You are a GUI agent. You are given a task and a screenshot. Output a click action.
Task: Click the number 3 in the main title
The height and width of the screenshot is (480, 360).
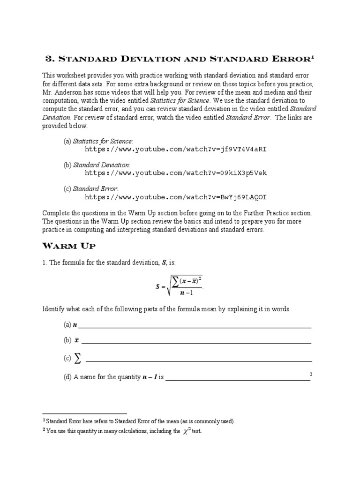49,59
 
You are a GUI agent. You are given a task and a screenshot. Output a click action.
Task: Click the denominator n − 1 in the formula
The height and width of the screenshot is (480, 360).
184,293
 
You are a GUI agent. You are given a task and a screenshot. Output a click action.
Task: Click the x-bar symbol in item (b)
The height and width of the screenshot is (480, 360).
76,341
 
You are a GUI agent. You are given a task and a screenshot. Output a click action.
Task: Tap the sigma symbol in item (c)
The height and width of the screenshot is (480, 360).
77,359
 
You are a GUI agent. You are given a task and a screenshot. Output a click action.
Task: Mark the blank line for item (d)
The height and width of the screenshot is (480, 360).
238,379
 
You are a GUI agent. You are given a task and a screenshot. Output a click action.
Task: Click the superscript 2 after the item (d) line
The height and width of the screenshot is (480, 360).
311,374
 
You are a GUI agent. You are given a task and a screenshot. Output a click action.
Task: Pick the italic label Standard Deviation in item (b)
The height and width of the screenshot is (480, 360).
101,165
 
